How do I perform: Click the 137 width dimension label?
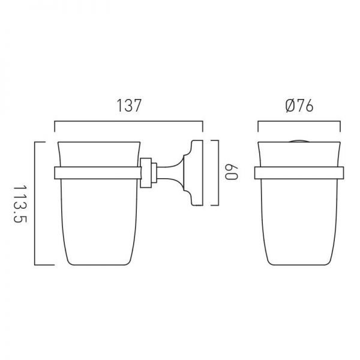pyautogui.click(x=129, y=106)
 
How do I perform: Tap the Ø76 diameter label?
pyautogui.click(x=299, y=106)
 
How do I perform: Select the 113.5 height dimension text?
pyautogui.click(x=20, y=204)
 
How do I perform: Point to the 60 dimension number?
pyautogui.click(x=231, y=172)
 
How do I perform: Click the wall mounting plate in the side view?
pyautogui.click(x=197, y=173)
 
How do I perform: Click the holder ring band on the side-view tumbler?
pyautogui.click(x=98, y=173)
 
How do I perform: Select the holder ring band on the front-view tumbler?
pyautogui.click(x=299, y=173)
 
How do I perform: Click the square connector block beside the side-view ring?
pyautogui.click(x=146, y=173)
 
